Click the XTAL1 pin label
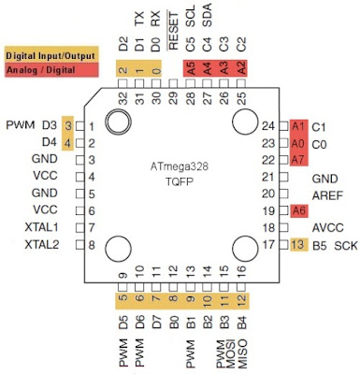(41, 227)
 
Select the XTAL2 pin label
(41, 244)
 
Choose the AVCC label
(327, 227)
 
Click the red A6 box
(298, 210)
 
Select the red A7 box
(298, 160)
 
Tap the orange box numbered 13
(298, 244)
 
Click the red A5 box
(191, 67)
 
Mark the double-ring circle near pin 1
(118, 122)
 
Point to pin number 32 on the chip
(123, 95)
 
